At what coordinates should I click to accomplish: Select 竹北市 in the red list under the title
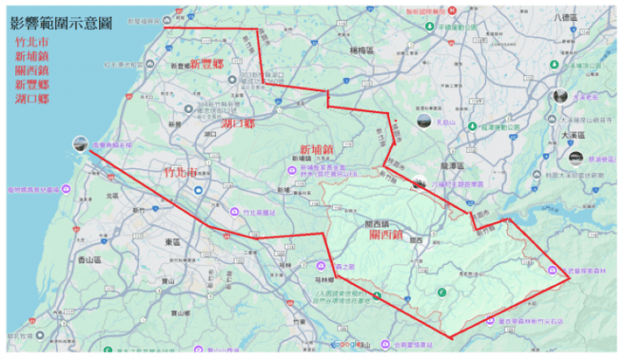pyautogui.click(x=32, y=42)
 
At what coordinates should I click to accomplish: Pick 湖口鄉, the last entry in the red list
pyautogui.click(x=32, y=98)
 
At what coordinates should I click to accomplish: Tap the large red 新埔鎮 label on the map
pyautogui.click(x=316, y=150)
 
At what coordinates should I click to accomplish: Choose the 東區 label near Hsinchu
pyautogui.click(x=171, y=242)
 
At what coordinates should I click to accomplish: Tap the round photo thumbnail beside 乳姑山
pyautogui.click(x=423, y=122)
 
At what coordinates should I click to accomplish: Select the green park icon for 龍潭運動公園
pyautogui.click(x=472, y=128)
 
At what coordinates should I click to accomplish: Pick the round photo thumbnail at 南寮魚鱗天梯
pyautogui.click(x=80, y=144)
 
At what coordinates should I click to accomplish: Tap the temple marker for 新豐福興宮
pyautogui.click(x=167, y=20)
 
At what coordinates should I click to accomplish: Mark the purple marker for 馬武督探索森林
pyautogui.click(x=552, y=269)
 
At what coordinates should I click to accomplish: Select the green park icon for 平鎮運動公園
pyautogui.click(x=429, y=26)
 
